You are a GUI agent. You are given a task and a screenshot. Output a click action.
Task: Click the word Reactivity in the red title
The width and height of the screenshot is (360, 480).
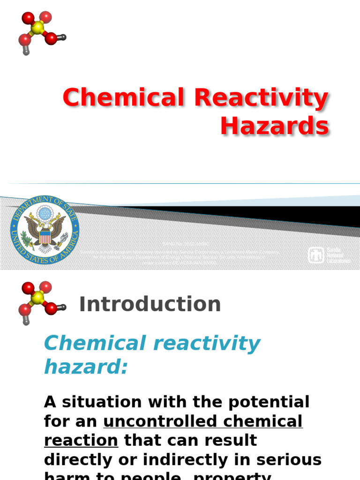(x=262, y=98)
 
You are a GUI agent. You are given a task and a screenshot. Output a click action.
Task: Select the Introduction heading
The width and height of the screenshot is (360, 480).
(x=150, y=304)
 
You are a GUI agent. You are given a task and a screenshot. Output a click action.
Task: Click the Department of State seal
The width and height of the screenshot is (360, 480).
(x=45, y=230)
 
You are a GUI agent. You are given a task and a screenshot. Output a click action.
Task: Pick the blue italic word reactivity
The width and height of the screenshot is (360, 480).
(x=206, y=344)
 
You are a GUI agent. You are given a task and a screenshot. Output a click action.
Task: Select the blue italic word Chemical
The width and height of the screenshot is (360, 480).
(x=95, y=344)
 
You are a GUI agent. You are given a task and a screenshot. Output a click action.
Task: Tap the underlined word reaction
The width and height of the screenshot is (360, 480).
(x=81, y=441)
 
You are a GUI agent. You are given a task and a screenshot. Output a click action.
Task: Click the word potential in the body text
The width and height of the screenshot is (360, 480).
(x=275, y=402)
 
